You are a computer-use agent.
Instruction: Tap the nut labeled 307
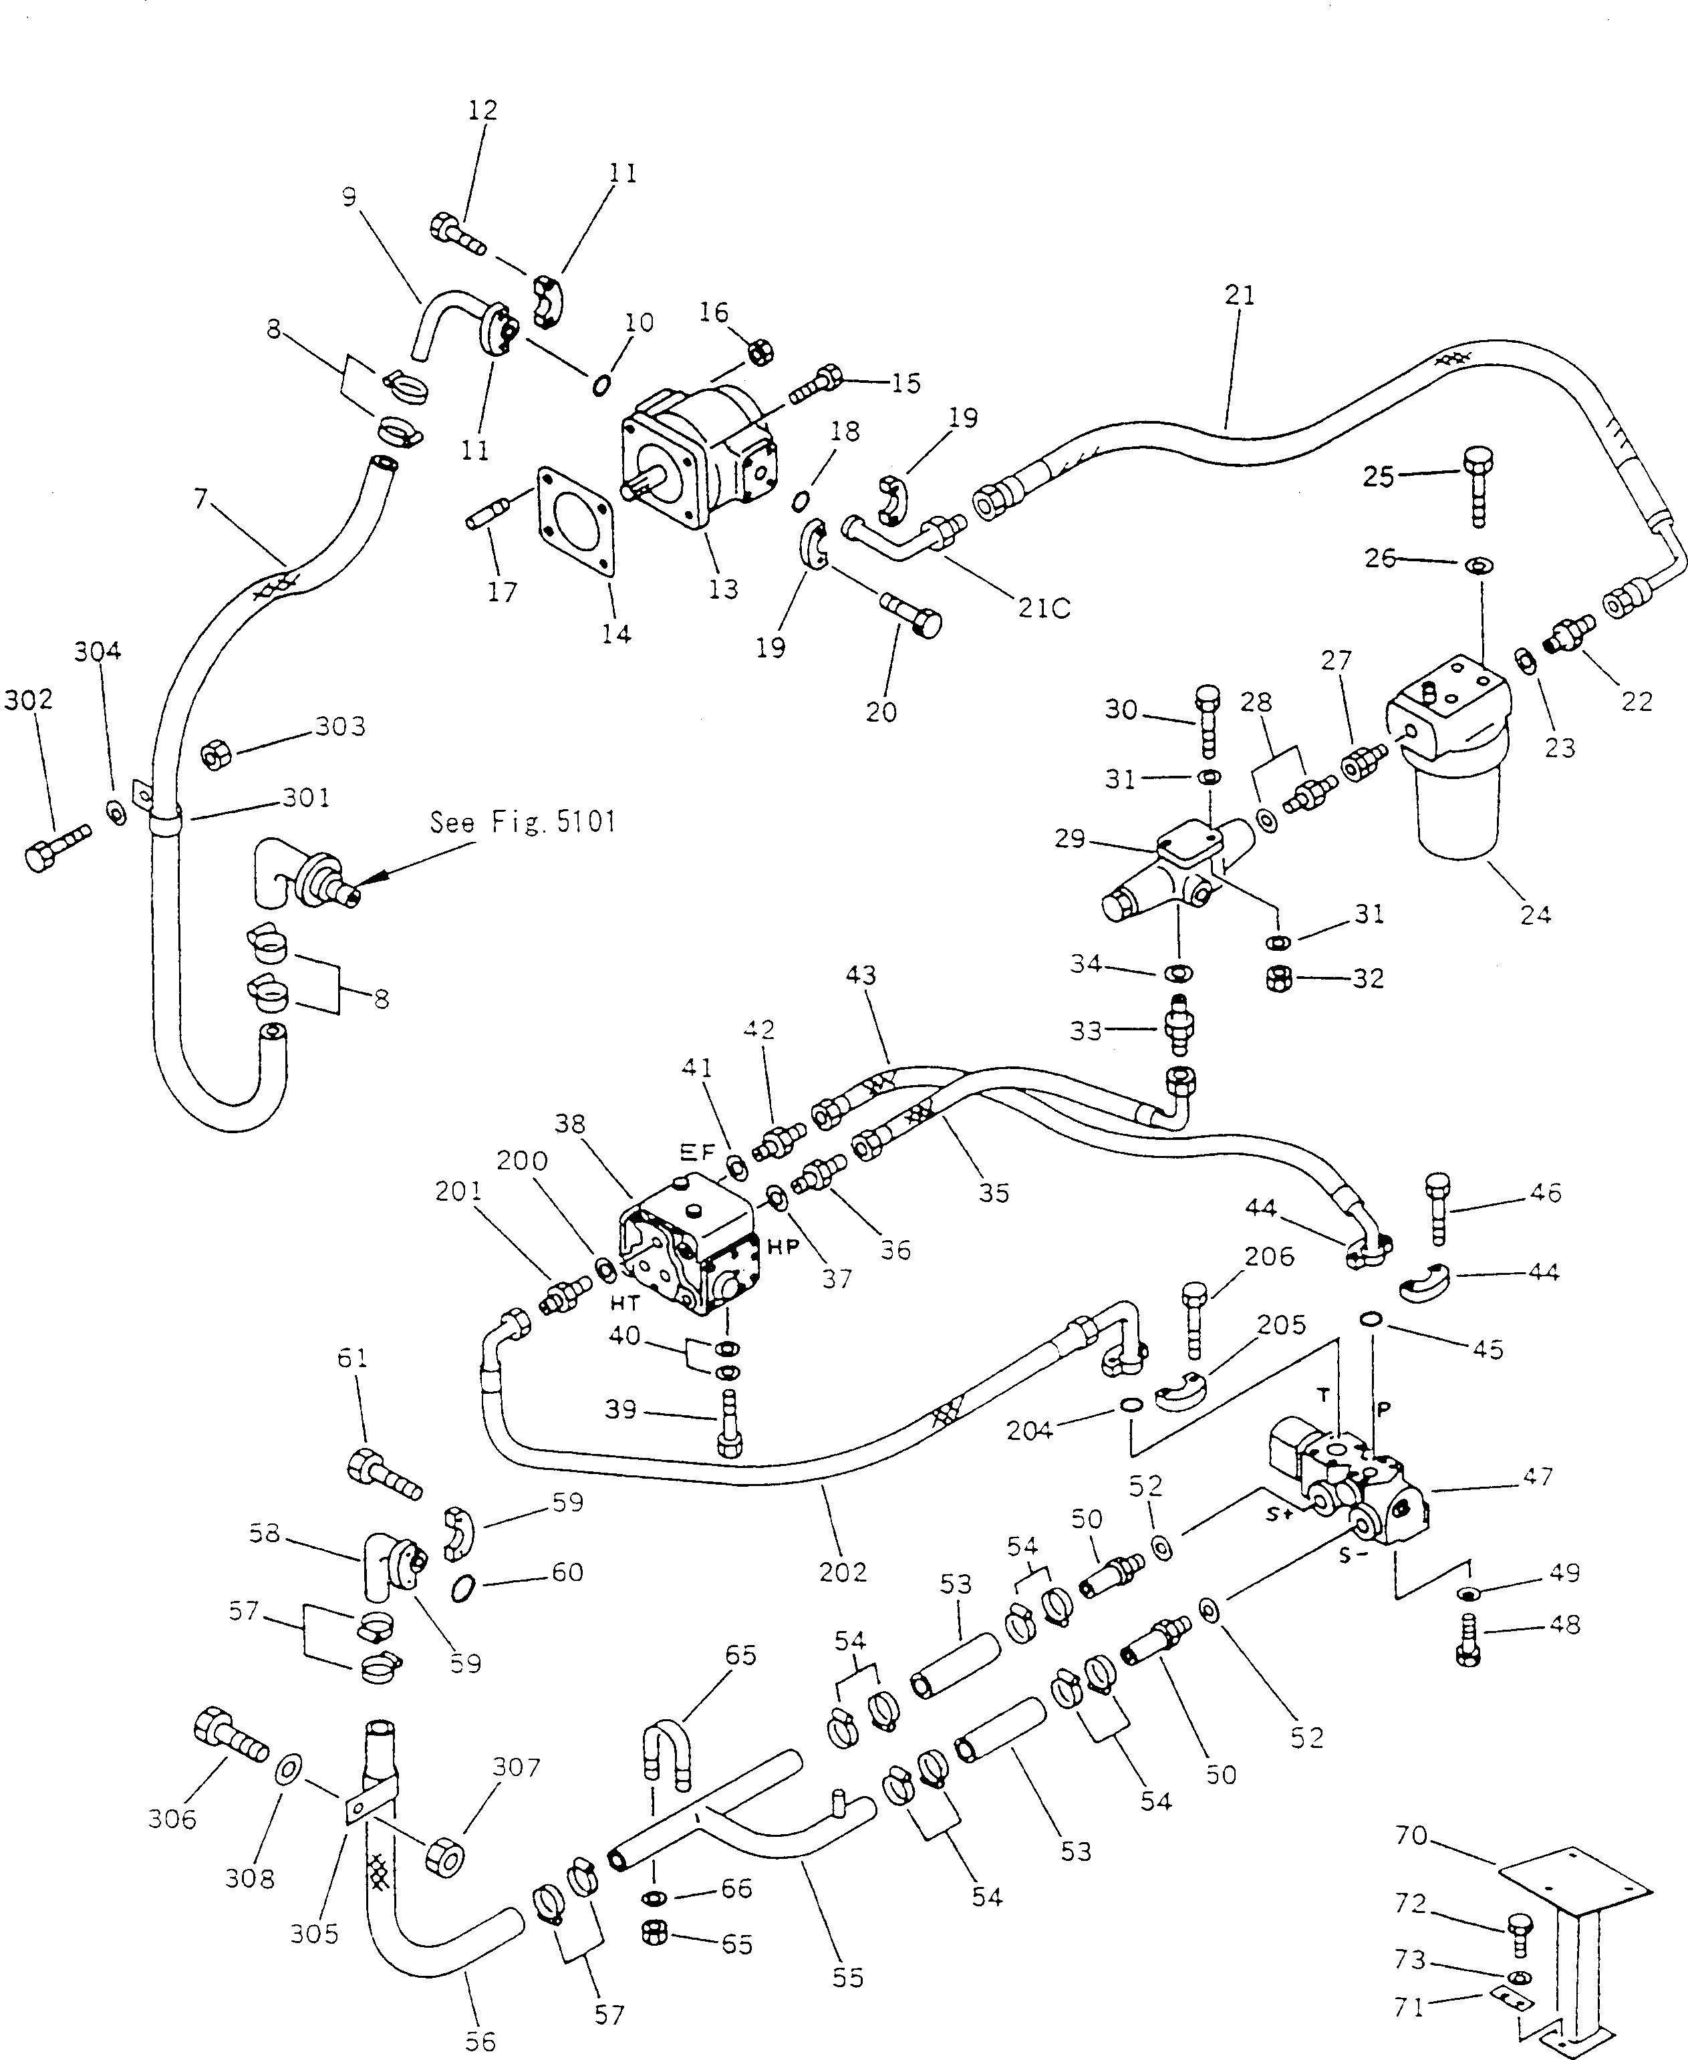pos(444,1859)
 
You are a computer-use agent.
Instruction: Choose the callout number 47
pos(1537,1477)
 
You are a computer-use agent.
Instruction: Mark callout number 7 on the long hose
pos(200,498)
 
